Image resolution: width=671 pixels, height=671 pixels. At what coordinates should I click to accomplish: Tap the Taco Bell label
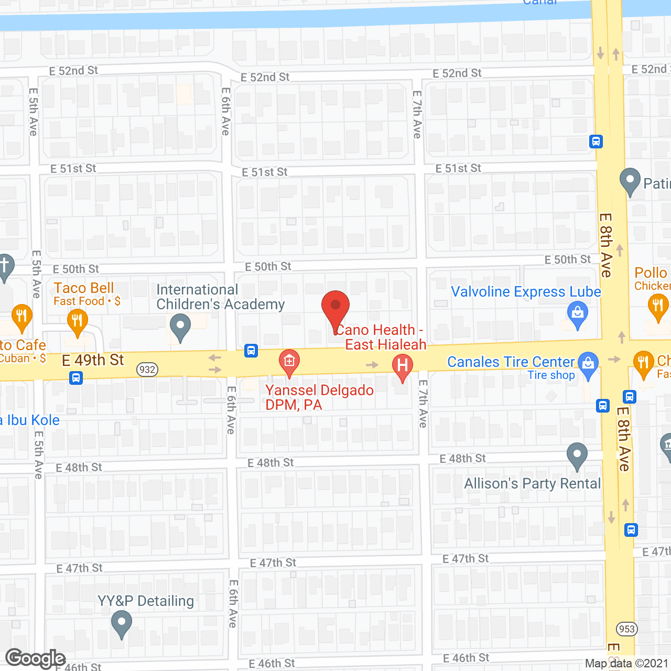point(84,288)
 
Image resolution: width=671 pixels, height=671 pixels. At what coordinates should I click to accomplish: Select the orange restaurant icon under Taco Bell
point(77,321)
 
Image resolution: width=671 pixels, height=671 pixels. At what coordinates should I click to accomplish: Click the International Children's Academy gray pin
point(180,327)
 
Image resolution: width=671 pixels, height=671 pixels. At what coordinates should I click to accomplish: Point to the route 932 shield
point(147,370)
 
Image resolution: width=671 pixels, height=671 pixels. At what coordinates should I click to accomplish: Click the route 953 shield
point(627,629)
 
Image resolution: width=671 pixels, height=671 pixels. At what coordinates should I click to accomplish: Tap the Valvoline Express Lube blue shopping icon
point(578,315)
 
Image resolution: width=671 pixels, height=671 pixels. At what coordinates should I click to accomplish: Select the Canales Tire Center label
point(511,362)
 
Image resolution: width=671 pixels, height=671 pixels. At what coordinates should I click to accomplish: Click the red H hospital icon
point(403,365)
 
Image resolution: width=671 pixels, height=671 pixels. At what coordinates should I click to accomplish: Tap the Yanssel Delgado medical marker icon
point(289,361)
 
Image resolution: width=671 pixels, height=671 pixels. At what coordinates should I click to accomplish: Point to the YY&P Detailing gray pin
point(122,624)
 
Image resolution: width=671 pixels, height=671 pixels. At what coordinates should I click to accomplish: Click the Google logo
point(35,658)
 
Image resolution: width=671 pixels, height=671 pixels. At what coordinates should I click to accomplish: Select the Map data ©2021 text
point(627,664)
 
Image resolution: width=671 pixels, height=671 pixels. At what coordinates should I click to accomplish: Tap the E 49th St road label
point(93,360)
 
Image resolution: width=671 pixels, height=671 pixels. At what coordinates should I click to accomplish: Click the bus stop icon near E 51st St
point(596,142)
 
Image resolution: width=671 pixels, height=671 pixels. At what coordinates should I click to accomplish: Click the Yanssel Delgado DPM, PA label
point(319,397)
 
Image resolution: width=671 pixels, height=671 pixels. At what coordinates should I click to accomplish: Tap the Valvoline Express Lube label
point(526,292)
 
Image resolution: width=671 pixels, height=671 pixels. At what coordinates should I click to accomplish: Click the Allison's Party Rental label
point(532,483)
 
